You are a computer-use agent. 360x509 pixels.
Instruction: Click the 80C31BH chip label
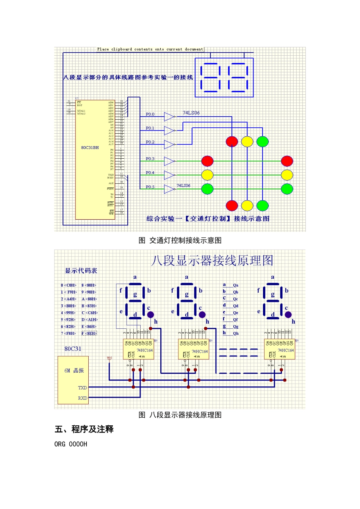tap(90, 148)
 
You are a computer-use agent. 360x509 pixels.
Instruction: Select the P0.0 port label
tap(150, 114)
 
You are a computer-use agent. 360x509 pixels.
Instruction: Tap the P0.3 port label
tap(150, 159)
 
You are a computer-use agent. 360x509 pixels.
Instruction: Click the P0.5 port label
tap(150, 187)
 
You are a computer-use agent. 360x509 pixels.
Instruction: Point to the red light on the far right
tap(287, 161)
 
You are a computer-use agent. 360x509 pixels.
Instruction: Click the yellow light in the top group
tap(247, 142)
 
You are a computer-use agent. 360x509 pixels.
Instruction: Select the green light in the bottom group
tap(262, 206)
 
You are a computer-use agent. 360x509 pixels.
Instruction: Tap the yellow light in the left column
tap(207, 175)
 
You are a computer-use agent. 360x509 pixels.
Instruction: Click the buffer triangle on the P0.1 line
tap(169, 131)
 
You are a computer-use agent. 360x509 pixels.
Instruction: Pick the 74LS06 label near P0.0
tap(191, 113)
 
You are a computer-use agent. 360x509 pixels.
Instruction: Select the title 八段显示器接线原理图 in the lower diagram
tap(212, 261)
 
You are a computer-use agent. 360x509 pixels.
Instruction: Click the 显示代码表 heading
tap(81, 271)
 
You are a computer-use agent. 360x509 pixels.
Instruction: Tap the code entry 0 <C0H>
tap(69, 285)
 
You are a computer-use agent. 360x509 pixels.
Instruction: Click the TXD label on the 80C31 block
tap(82, 388)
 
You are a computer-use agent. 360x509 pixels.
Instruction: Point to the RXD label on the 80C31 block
tap(82, 398)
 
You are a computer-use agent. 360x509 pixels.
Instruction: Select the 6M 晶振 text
tap(74, 371)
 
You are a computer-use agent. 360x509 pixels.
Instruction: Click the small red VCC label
tap(110, 358)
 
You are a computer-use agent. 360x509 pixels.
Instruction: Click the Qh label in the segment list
tap(236, 334)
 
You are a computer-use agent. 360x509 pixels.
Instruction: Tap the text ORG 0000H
tap(71, 444)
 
